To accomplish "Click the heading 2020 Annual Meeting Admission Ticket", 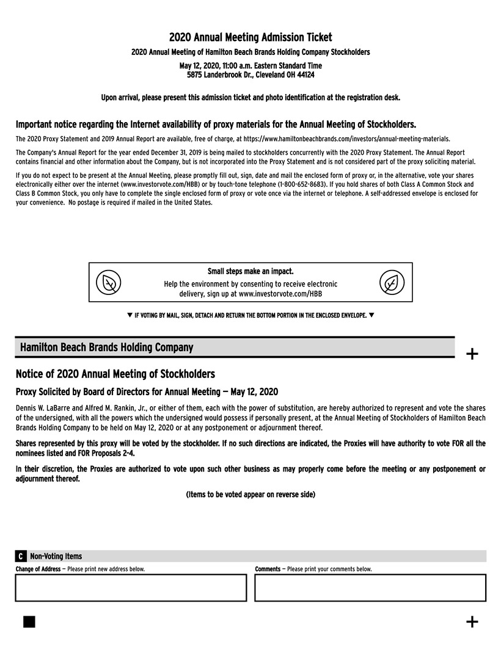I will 250,38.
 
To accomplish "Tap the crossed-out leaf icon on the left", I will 109,282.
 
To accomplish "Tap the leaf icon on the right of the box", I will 392,282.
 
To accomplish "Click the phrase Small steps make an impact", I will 250,271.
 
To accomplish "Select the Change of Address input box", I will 131,588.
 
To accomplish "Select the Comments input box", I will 370,588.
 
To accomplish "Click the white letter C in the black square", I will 21,556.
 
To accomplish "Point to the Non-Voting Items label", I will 56,556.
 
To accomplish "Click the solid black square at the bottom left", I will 29,622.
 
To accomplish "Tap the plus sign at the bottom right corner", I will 472,622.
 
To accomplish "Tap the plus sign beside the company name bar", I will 472,354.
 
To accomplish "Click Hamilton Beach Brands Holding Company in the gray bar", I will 106,348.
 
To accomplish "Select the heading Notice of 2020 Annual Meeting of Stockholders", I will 115,374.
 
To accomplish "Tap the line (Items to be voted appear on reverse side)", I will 250,494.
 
